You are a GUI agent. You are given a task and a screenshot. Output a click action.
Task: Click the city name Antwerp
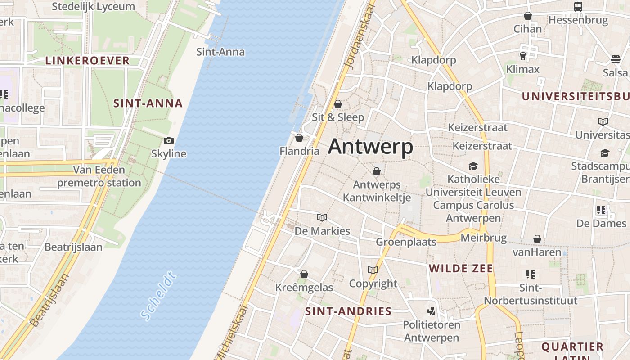tap(370, 146)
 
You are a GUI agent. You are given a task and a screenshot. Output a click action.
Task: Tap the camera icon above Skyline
tap(169, 140)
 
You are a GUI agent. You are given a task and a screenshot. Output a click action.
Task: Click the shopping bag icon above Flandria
tap(299, 138)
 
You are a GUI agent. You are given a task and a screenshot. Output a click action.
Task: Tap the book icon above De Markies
tap(322, 218)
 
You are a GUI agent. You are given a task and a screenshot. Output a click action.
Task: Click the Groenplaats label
tap(406, 242)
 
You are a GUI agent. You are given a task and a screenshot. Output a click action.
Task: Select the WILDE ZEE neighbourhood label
tap(461, 269)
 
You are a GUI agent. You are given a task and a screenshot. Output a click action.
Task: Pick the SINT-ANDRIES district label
tap(348, 311)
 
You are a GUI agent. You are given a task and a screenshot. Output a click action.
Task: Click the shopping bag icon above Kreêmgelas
tap(304, 274)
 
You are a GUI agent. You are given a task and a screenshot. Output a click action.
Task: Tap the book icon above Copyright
tap(373, 270)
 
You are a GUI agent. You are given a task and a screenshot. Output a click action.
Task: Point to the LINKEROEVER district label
tap(87, 61)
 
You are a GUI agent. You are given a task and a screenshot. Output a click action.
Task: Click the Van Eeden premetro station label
tap(99, 176)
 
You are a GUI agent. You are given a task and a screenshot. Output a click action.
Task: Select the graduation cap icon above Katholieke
tap(473, 166)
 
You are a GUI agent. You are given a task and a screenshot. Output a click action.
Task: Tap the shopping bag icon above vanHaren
tap(537, 238)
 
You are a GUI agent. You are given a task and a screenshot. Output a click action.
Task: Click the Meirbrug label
tap(484, 238)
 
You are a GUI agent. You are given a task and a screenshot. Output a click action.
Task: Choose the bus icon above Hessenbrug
tap(578, 7)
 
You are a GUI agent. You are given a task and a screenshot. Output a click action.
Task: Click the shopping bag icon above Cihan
tap(528, 16)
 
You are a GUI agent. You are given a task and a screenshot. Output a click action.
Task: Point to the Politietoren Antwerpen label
tap(431, 331)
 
